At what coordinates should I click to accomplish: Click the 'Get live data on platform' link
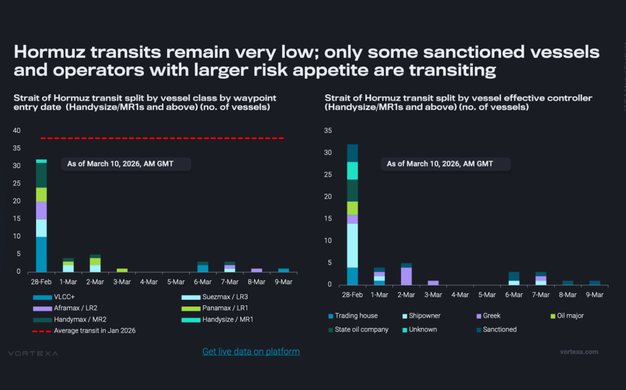pyautogui.click(x=251, y=351)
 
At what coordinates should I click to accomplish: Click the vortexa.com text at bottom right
pyautogui.click(x=579, y=351)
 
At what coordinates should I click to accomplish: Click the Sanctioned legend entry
pyautogui.click(x=496, y=329)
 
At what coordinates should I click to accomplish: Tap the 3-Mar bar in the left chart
pyautogui.click(x=122, y=270)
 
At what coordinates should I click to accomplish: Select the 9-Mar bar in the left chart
pyautogui.click(x=283, y=270)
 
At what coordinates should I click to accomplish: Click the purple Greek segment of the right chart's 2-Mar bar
pyautogui.click(x=406, y=276)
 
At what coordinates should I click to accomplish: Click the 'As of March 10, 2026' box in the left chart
pyautogui.click(x=126, y=164)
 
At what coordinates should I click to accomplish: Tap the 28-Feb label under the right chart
pyautogui.click(x=353, y=295)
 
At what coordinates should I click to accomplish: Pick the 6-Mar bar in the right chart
pyautogui.click(x=514, y=278)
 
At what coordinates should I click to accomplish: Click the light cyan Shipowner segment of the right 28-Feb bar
pyautogui.click(x=353, y=245)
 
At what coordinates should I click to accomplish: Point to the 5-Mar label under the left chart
pyautogui.click(x=175, y=282)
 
